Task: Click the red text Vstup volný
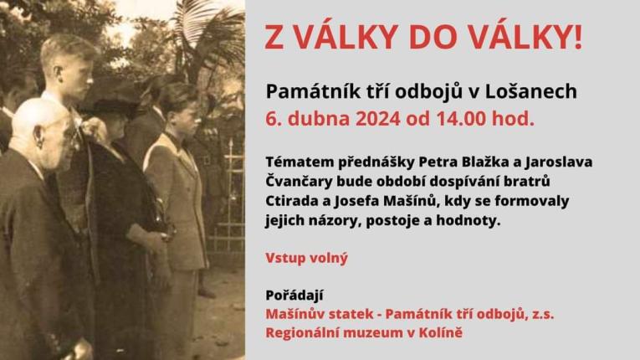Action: click(x=306, y=258)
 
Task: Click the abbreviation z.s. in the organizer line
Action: click(x=539, y=314)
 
